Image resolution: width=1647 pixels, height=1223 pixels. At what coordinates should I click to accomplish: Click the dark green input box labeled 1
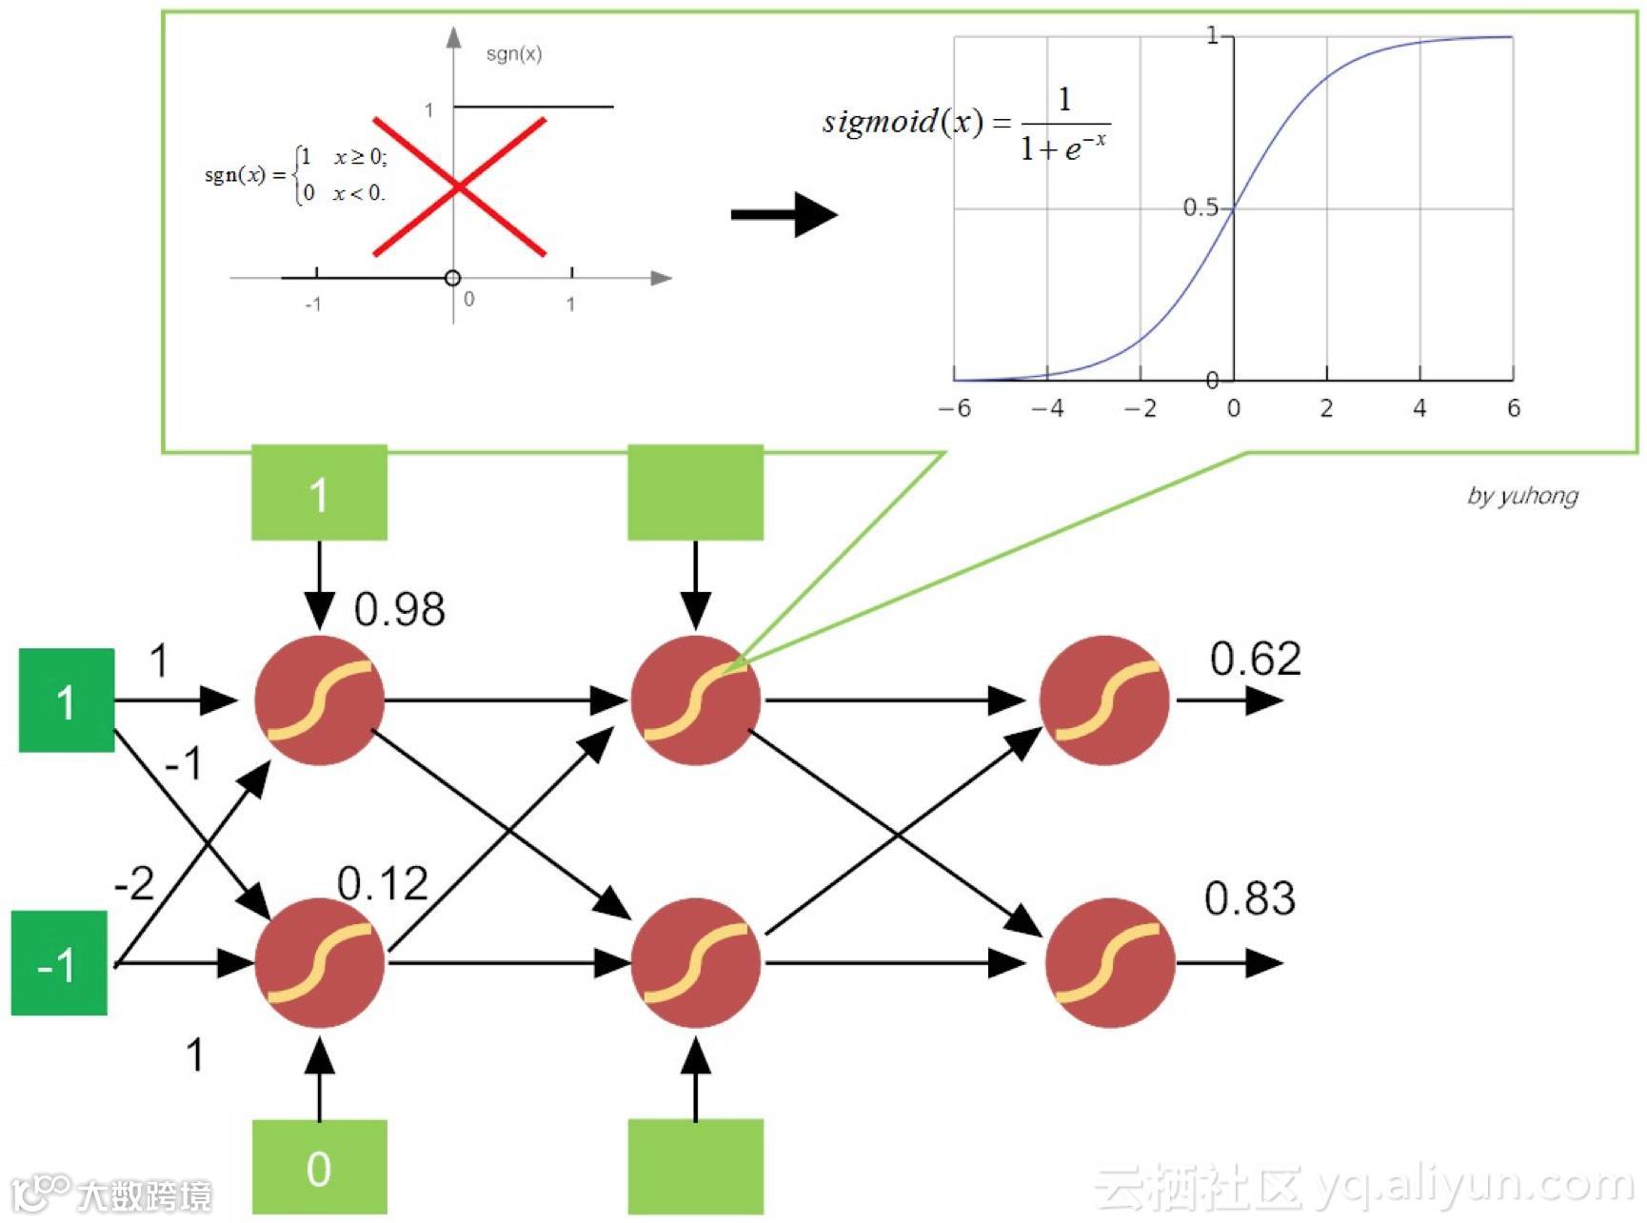click(67, 700)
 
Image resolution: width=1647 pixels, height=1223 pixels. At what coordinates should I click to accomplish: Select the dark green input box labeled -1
click(59, 963)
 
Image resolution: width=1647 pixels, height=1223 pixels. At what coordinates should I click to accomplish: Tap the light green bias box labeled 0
click(319, 1167)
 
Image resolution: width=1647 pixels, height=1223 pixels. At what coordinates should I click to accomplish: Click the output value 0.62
click(1255, 659)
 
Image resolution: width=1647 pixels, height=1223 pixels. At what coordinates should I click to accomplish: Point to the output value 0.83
click(1249, 898)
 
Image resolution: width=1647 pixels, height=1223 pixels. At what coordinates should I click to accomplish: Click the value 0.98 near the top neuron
click(399, 609)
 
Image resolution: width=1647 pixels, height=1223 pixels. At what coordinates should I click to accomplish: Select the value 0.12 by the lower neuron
click(382, 884)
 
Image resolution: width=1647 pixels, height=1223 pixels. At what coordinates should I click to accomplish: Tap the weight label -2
click(133, 883)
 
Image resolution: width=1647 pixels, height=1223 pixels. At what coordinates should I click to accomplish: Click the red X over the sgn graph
click(459, 187)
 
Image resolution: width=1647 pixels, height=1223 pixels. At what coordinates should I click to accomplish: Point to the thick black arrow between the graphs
click(783, 214)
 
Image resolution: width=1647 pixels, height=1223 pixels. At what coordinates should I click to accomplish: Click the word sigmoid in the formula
click(880, 122)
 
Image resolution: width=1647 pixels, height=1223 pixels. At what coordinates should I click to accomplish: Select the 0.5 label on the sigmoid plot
click(1200, 207)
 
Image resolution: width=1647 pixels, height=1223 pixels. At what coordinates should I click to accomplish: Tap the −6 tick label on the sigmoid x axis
click(954, 408)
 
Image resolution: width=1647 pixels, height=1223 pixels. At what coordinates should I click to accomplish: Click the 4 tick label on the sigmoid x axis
click(1419, 408)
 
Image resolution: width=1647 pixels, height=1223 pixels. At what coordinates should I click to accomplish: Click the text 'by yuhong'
click(1522, 495)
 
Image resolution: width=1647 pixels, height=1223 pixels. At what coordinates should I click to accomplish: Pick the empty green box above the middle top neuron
click(695, 492)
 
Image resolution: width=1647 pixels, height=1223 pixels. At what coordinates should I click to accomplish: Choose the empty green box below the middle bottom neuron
click(695, 1167)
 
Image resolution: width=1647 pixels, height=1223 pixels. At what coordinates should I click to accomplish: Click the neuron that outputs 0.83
click(1109, 963)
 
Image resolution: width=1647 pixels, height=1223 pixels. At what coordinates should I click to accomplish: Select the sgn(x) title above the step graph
click(514, 54)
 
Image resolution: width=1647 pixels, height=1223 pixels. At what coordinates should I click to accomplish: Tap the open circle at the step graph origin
click(453, 278)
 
